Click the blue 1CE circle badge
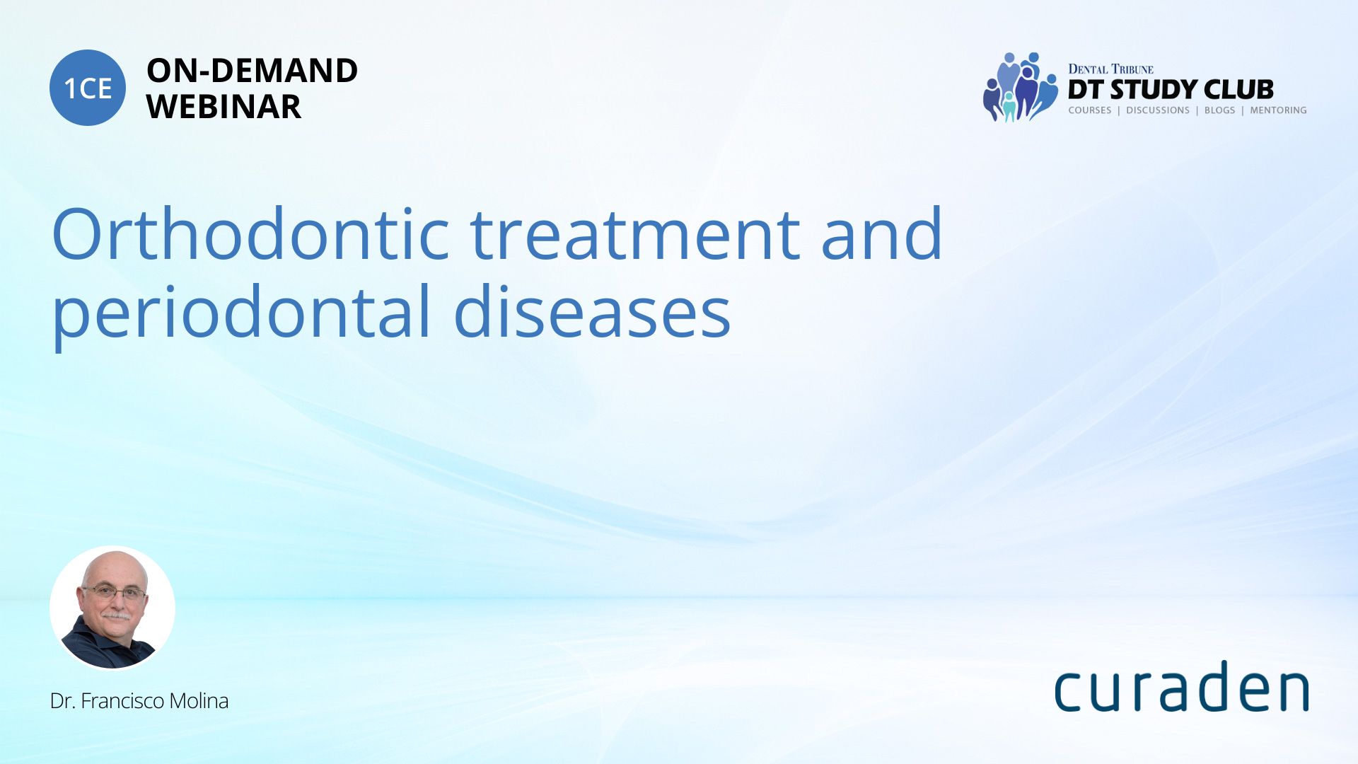click(88, 88)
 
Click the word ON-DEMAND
click(252, 71)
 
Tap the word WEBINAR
click(224, 107)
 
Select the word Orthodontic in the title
click(250, 233)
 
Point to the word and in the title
click(881, 233)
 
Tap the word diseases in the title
click(592, 312)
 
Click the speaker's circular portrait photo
click(112, 608)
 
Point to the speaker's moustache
click(116, 615)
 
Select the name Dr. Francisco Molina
click(139, 701)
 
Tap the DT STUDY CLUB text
click(1171, 90)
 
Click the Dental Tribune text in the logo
click(1110, 69)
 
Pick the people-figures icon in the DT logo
click(1020, 86)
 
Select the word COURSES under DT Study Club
click(1090, 110)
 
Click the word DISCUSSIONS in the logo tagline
click(1158, 110)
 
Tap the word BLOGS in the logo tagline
click(1220, 110)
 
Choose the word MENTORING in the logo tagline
click(1278, 110)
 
